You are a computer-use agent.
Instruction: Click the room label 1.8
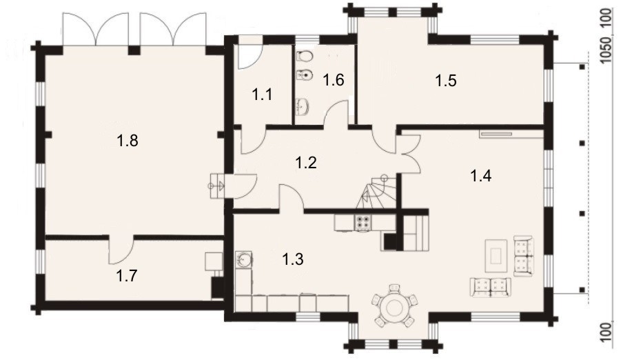(x=127, y=141)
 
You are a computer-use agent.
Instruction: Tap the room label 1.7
(x=127, y=275)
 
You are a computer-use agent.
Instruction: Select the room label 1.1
(x=263, y=94)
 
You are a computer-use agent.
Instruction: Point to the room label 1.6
(x=333, y=80)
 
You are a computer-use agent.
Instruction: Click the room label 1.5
(x=446, y=81)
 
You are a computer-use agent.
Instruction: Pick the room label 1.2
(x=306, y=163)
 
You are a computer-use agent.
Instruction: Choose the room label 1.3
(x=293, y=259)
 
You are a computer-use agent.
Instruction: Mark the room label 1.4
(x=481, y=175)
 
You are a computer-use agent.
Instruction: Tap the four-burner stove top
(x=362, y=223)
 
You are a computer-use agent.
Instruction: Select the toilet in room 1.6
(x=304, y=56)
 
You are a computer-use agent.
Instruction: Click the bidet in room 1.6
(x=305, y=74)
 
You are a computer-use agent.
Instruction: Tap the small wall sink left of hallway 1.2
(x=217, y=186)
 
